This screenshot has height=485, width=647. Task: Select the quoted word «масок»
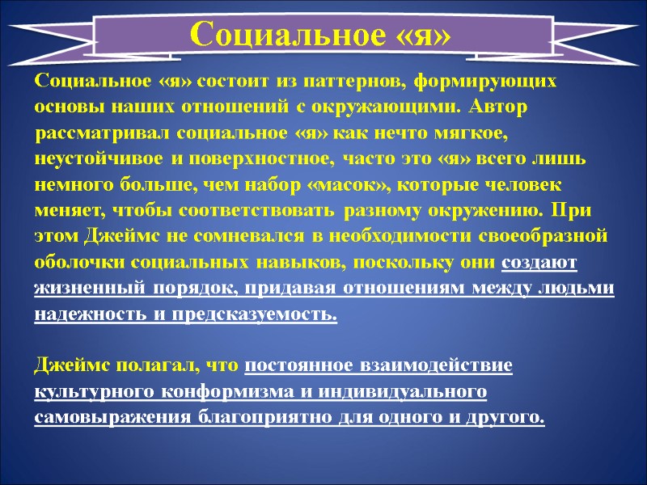(x=349, y=184)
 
